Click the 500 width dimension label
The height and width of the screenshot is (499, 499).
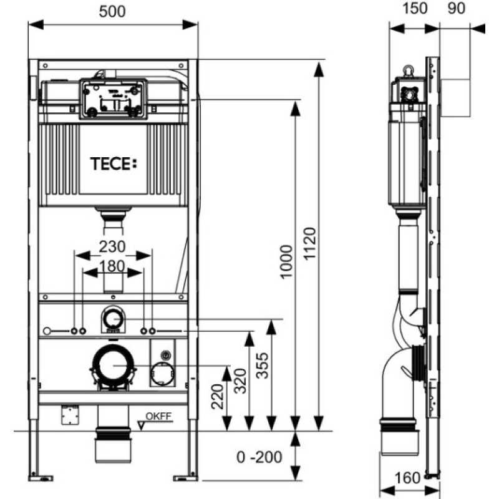coord(112,11)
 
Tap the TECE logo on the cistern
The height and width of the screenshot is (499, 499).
coord(114,164)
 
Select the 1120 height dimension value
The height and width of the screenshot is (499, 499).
coord(309,244)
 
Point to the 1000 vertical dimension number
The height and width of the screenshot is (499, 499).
coord(286,262)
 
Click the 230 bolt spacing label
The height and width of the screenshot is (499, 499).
coord(112,246)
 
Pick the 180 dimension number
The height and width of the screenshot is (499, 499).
coord(112,266)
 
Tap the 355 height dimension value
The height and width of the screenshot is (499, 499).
coord(263,366)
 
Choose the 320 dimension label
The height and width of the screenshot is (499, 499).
coord(240,381)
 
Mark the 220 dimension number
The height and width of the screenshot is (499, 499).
coord(218,397)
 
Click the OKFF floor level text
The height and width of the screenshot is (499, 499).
coord(158,416)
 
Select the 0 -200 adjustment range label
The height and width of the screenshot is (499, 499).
coord(259,457)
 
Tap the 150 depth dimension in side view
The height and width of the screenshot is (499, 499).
coord(415,8)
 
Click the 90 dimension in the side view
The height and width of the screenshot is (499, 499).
coord(457,8)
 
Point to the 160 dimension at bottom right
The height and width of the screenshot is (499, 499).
coord(408,478)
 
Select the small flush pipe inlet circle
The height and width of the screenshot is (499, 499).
coord(113,319)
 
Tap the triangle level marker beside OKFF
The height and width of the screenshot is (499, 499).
coord(142,425)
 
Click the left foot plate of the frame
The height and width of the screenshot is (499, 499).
coord(41,478)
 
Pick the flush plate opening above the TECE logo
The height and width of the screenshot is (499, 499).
coord(114,99)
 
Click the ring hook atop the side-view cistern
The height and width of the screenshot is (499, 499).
coord(409,70)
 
